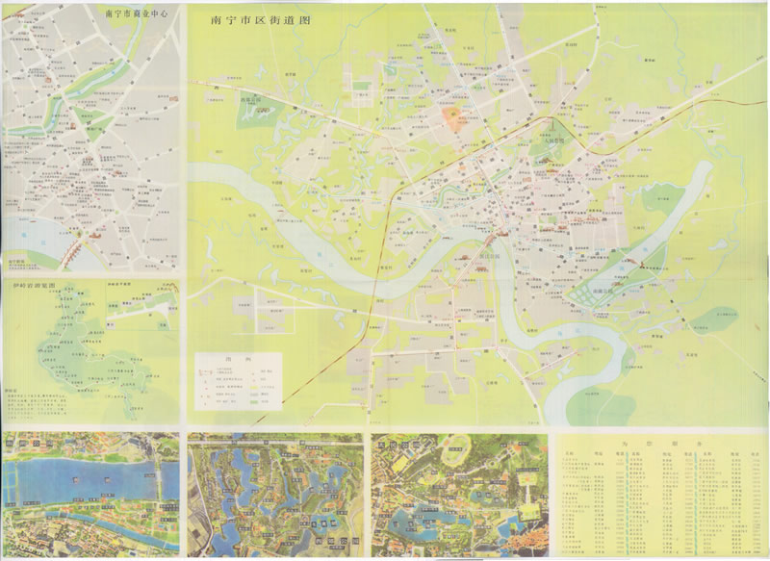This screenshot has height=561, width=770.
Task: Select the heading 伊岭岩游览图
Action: (28, 286)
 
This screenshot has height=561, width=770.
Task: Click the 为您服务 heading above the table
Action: (661, 443)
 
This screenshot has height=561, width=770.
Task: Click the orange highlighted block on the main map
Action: (451, 118)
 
